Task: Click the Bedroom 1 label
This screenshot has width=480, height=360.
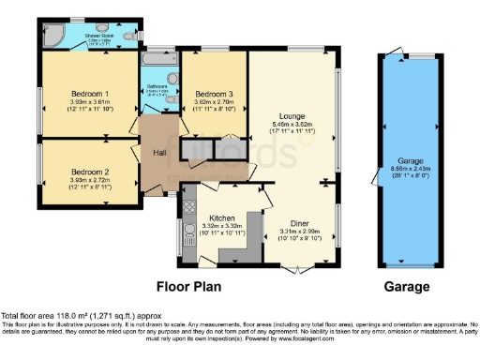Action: point(92,94)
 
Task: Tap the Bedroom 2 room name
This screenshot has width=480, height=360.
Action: point(92,172)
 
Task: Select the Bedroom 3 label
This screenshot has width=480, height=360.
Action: point(214,95)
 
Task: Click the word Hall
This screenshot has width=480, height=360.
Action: point(160,153)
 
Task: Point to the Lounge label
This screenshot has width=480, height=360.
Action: point(292,115)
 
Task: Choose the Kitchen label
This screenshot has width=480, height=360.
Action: point(209,217)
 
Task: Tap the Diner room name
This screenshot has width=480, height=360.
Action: point(300,223)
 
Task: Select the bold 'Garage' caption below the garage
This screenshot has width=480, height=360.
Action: point(407,286)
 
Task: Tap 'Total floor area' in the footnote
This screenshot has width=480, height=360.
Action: point(28,316)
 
